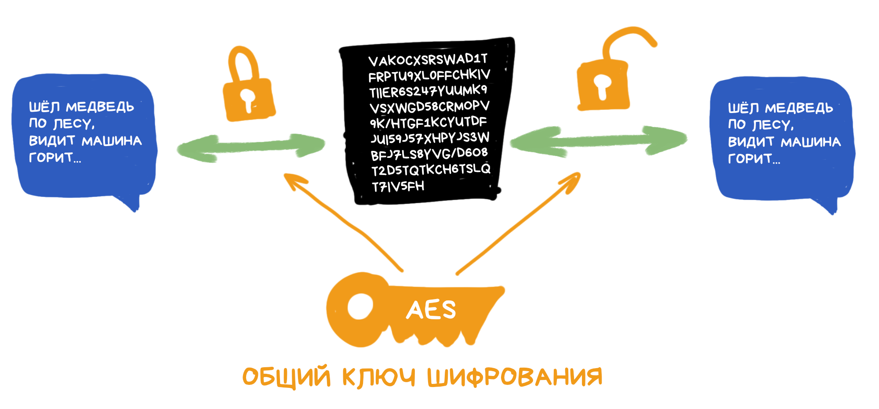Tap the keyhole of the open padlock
point(603,86)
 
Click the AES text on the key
point(431,310)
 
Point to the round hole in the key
point(360,307)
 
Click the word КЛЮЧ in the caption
point(379,377)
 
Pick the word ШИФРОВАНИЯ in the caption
point(515,377)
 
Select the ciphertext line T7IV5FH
point(398,186)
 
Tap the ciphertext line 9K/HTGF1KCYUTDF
point(428,122)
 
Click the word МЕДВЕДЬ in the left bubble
point(100,107)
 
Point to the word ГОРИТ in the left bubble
point(51,157)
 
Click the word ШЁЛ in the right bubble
point(743,108)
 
